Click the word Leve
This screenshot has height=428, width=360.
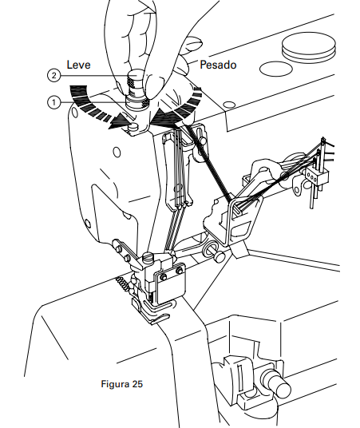tap(78, 65)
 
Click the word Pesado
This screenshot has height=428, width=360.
tap(218, 65)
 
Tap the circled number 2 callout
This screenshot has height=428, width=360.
tap(53, 75)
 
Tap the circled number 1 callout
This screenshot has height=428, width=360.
tap(53, 103)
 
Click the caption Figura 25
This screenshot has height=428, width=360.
tap(121, 384)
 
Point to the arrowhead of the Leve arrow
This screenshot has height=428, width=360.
tap(119, 122)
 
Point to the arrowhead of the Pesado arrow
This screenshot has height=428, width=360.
tap(162, 118)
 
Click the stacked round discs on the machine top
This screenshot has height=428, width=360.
tap(308, 47)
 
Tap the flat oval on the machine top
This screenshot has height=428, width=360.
tap(275, 69)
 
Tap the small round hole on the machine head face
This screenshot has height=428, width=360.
tap(117, 153)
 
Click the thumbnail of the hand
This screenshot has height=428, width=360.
tap(193, 42)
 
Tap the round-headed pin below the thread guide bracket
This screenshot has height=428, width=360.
tap(220, 256)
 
